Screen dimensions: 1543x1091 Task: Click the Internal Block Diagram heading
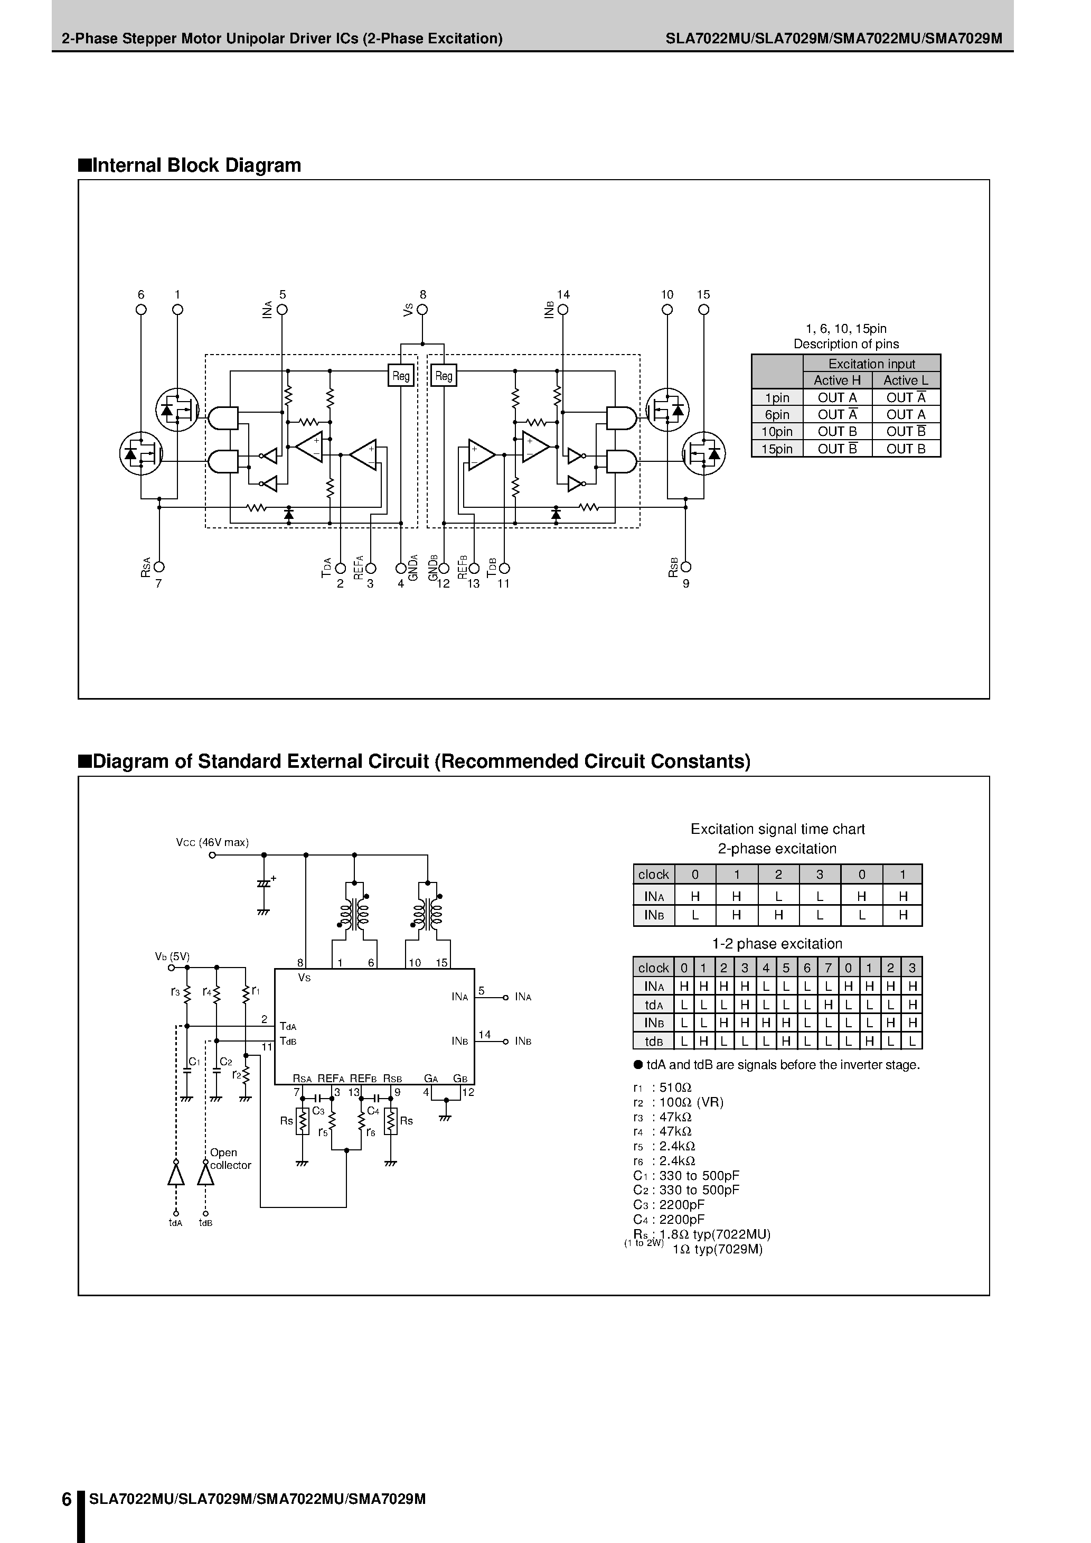[x=190, y=165]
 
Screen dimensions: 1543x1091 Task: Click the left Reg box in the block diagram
[x=401, y=376]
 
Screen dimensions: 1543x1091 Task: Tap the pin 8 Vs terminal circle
[x=422, y=310]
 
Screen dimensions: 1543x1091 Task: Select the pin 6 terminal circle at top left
[x=141, y=310]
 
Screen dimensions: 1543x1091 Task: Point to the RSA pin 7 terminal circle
[x=159, y=567]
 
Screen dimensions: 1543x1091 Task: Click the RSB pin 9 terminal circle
[x=686, y=567]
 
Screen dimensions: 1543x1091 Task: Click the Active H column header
[x=837, y=380]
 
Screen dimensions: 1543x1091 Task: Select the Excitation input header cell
[x=871, y=364]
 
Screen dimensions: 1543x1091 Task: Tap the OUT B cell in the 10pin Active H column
[x=837, y=431]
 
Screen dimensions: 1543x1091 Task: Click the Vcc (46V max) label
[x=212, y=843]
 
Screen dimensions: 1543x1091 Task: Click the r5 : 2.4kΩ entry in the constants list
[x=664, y=1146]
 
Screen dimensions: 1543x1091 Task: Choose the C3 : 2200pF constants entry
[x=669, y=1205]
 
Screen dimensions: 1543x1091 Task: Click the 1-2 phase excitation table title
[x=777, y=944]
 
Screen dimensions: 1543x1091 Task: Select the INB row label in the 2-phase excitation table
[x=654, y=915]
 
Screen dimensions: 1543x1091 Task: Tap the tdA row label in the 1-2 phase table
[x=654, y=1005]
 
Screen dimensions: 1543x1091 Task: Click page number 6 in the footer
[x=67, y=1499]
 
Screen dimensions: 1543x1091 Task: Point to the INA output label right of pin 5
[x=523, y=997]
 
